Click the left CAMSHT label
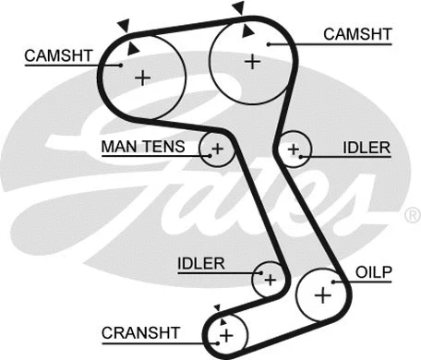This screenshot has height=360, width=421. (57, 55)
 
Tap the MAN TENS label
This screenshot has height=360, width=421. (143, 147)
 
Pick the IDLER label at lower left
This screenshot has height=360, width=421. (201, 264)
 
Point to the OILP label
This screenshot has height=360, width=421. (374, 272)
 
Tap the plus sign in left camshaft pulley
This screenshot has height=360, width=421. (142, 78)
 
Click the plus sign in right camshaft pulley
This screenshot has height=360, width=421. (252, 61)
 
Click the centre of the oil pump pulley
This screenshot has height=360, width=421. (322, 295)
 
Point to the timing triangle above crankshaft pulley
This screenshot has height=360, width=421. (218, 307)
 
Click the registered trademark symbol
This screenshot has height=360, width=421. (412, 216)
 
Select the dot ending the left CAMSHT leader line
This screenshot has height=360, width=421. (123, 65)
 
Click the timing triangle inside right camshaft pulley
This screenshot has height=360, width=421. (246, 31)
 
